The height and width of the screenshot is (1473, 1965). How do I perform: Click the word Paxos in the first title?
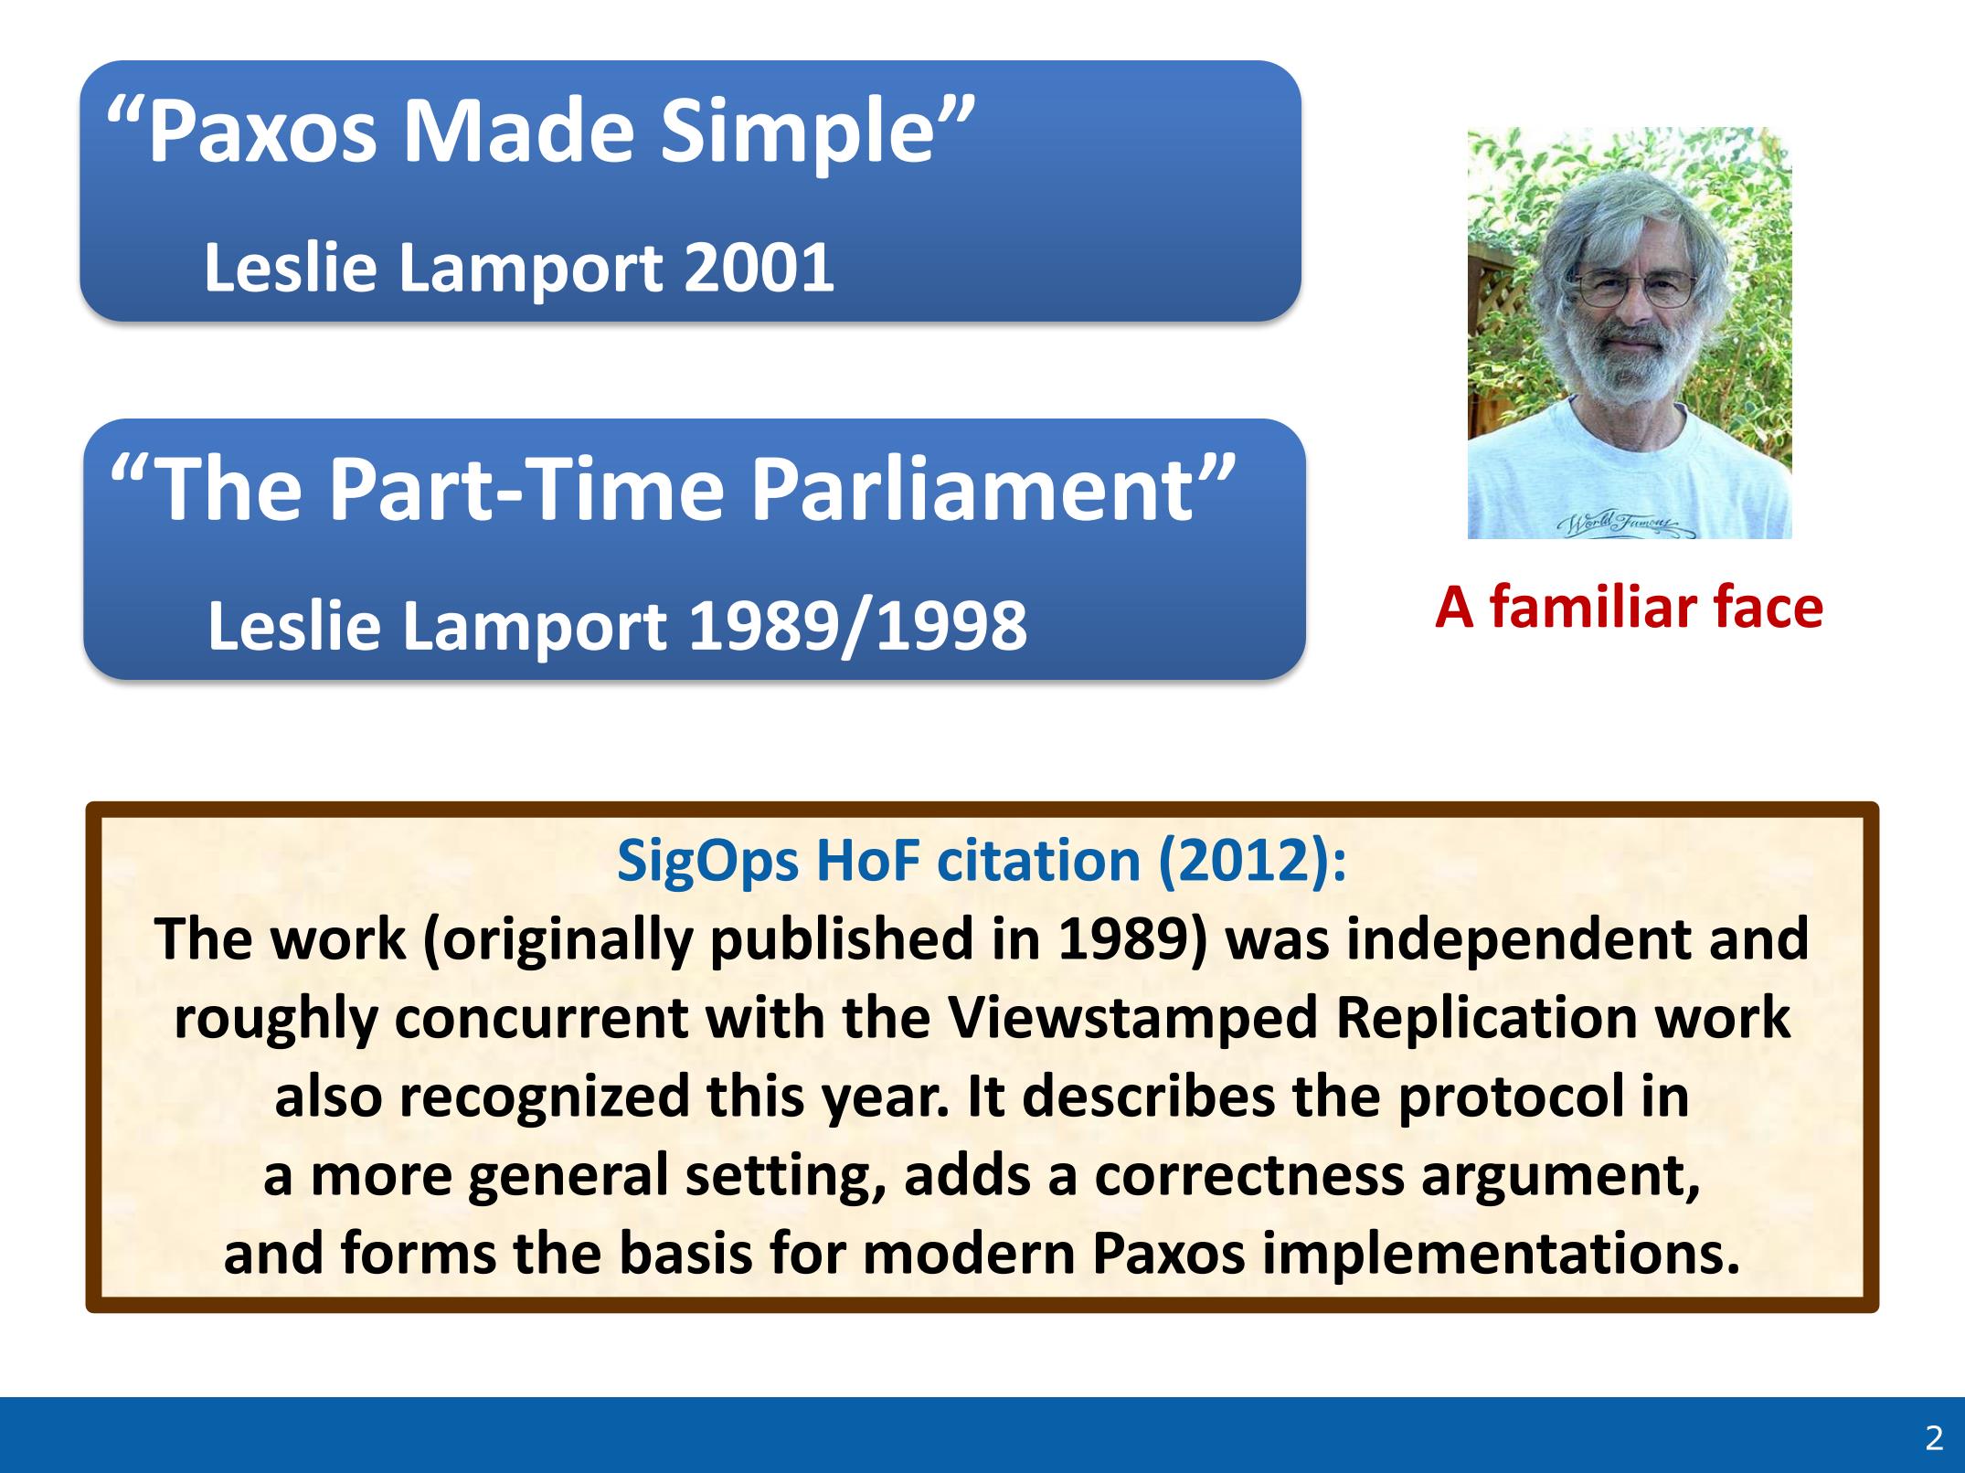pos(262,132)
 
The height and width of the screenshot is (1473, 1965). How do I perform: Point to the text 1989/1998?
pos(857,627)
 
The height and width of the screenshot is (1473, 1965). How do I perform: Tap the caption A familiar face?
pos(1629,608)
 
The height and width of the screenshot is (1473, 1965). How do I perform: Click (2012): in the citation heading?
pos(1252,861)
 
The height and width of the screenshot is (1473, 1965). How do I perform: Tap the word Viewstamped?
pos(1133,1019)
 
